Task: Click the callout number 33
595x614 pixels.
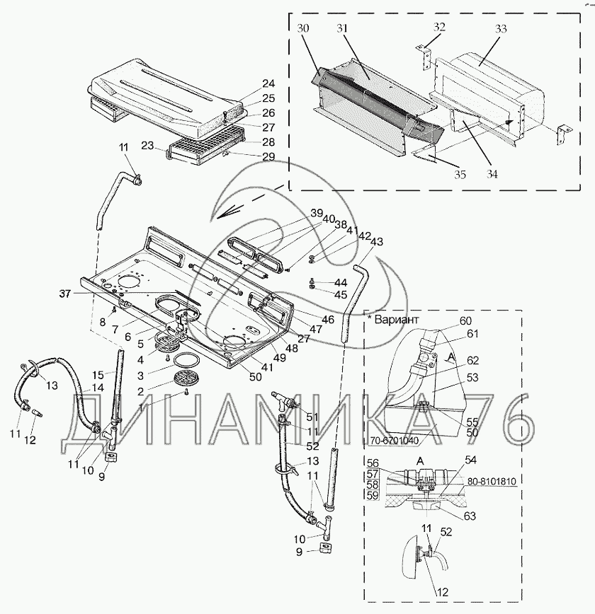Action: click(501, 28)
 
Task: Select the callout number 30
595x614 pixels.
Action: click(302, 28)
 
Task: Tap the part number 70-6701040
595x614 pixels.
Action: click(394, 441)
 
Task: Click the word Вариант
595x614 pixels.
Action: click(397, 319)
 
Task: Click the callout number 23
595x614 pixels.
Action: click(147, 146)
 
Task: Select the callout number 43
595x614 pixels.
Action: click(377, 242)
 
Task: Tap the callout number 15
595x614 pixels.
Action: click(98, 375)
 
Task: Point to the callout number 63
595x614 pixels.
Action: click(470, 516)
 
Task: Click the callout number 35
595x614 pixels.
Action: click(460, 174)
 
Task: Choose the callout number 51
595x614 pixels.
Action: click(312, 417)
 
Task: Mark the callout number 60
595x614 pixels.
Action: click(465, 321)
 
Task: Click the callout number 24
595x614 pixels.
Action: click(268, 83)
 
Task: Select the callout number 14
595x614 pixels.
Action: click(97, 388)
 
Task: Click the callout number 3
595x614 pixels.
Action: click(140, 376)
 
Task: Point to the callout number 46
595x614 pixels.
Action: click(328, 320)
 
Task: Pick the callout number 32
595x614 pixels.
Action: click(439, 27)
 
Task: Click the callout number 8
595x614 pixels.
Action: click(103, 323)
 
